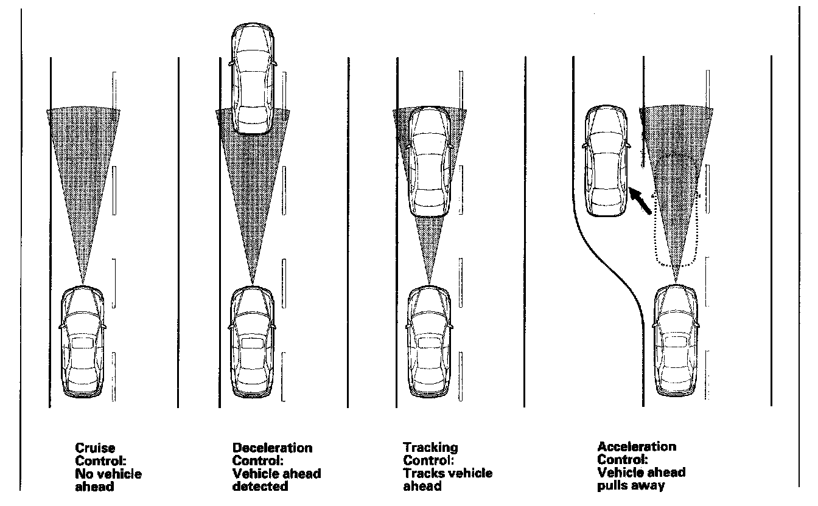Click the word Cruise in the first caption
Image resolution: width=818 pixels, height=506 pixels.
pos(96,449)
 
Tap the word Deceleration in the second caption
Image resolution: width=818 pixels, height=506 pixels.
pos(272,448)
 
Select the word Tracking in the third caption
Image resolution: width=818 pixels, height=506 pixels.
pos(430,448)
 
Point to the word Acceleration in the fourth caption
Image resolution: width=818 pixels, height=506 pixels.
pos(637,446)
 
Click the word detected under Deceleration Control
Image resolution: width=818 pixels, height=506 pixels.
pos(260,487)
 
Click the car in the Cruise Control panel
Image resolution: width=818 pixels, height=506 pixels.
pos(83,344)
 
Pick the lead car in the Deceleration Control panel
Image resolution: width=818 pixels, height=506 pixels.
pos(254,79)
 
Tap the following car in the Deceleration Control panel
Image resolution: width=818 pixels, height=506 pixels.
pos(253,344)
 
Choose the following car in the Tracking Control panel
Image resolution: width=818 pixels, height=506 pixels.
pos(430,344)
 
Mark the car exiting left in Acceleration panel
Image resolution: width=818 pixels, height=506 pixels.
pos(605,161)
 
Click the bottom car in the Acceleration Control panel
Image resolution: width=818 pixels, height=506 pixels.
pos(676,344)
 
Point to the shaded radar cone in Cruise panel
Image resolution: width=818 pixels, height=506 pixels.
pos(83,170)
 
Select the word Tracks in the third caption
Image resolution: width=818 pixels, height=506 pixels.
pos(419,474)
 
